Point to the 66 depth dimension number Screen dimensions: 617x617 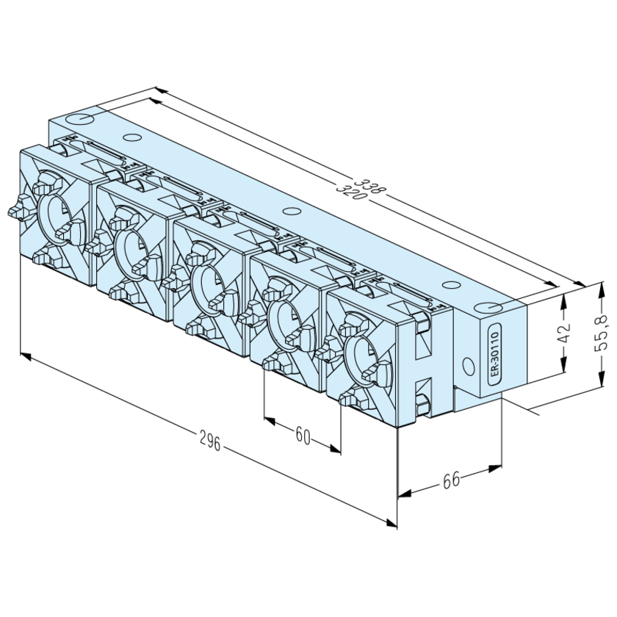pos(450,481)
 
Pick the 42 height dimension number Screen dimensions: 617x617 pos(564,334)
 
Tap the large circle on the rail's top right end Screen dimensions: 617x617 pos(486,309)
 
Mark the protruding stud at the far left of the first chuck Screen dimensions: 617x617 pos(14,212)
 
